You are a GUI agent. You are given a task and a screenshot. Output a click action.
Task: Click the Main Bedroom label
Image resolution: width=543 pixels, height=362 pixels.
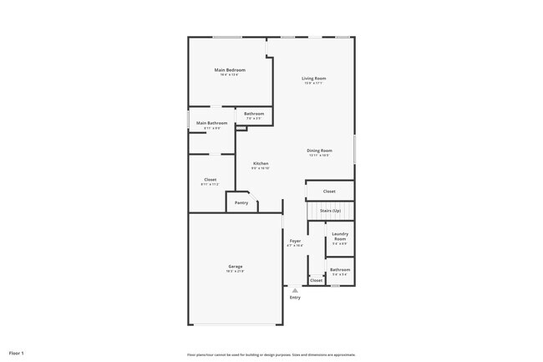(x=230, y=69)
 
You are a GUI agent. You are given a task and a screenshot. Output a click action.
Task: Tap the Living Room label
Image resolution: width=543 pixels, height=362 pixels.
(x=314, y=79)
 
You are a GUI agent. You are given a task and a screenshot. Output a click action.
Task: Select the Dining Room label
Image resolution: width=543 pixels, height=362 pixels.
(x=320, y=150)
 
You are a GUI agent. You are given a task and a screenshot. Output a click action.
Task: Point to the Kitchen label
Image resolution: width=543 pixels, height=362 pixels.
(x=261, y=163)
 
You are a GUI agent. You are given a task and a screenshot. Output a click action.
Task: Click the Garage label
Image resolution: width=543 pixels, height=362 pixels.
(x=235, y=267)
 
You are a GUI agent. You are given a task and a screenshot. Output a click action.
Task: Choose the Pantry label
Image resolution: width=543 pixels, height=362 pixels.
(x=241, y=202)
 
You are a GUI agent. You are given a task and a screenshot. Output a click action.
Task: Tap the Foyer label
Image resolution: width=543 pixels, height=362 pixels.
(x=295, y=241)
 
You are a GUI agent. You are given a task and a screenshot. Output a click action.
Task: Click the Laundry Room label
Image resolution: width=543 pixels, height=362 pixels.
(x=339, y=237)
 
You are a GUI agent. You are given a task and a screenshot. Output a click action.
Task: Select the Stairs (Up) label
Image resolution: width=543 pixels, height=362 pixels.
(x=331, y=211)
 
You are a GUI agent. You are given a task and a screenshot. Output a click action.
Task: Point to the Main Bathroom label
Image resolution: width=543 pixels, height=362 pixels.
(x=211, y=123)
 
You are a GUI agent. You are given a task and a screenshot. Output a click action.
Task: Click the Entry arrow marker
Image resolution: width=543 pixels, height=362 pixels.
(x=295, y=290)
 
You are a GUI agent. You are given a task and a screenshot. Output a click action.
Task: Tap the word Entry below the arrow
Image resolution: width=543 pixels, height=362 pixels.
(x=295, y=298)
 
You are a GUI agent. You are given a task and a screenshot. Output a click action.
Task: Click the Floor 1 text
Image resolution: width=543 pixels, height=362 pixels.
(x=17, y=353)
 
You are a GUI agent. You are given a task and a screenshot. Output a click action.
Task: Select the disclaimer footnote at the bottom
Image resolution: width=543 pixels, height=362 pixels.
(x=271, y=354)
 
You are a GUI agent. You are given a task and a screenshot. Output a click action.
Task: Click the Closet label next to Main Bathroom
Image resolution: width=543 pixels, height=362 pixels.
(x=211, y=179)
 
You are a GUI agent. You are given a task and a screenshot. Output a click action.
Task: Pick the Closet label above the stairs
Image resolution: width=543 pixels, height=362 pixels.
(x=329, y=191)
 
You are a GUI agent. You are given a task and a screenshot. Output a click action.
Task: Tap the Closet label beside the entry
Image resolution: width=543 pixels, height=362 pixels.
(x=316, y=280)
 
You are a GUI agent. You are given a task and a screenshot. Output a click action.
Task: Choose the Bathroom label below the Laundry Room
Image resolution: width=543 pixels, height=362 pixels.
(x=340, y=269)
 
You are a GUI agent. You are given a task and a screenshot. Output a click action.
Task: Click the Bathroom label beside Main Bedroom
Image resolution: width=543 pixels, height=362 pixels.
(x=254, y=114)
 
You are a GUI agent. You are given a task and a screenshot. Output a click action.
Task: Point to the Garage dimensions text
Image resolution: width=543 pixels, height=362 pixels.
(x=235, y=272)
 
